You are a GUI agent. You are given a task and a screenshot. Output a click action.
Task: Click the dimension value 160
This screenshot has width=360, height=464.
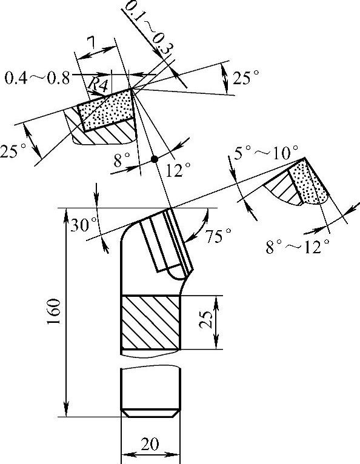[x=53, y=311]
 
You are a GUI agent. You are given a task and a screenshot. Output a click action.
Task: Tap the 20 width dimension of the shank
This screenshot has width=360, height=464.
[x=150, y=444]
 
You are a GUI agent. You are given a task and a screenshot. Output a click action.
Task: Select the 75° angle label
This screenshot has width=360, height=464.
[x=219, y=236]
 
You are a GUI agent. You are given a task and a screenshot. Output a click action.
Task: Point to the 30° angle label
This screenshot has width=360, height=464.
[x=84, y=225]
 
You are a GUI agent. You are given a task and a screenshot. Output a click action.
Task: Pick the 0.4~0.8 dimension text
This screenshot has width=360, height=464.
[x=37, y=78]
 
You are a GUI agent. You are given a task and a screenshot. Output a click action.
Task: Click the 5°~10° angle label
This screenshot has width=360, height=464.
[x=266, y=153]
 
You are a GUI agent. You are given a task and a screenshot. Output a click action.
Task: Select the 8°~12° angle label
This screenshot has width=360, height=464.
[x=298, y=247]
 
